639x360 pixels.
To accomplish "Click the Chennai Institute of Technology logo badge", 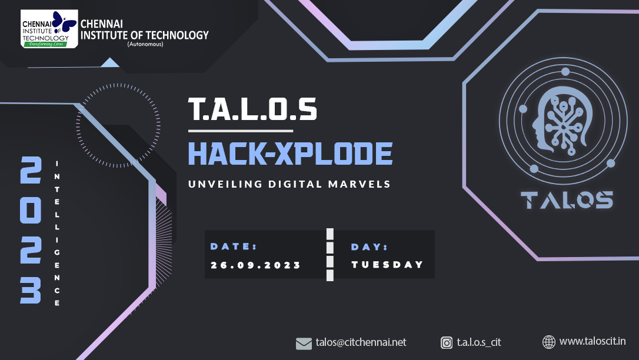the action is [49, 29].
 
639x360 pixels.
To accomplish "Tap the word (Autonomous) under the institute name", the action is [145, 44].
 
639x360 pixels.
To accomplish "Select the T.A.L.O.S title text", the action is [252, 109].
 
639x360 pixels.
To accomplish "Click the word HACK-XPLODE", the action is [290, 154].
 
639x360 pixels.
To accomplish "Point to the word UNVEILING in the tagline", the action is [225, 184].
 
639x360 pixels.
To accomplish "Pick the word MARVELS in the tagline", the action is [360, 184].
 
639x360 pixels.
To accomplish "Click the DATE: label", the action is [234, 246].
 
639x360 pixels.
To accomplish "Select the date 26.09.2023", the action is [255, 265].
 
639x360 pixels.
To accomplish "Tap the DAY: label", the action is [369, 247].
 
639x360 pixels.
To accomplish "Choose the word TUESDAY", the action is [388, 265].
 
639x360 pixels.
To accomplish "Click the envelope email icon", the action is [304, 344].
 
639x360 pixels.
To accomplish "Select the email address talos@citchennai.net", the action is [361, 342].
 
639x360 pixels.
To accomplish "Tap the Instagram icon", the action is [447, 343].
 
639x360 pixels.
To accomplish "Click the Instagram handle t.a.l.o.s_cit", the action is [479, 342].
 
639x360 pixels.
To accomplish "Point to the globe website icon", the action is [549, 342].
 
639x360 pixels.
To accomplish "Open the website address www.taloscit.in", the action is [593, 341].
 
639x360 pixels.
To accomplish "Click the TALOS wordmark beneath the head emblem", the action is [567, 200].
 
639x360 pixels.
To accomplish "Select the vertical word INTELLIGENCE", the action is [57, 234].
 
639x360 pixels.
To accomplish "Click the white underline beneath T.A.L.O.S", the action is [241, 131].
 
